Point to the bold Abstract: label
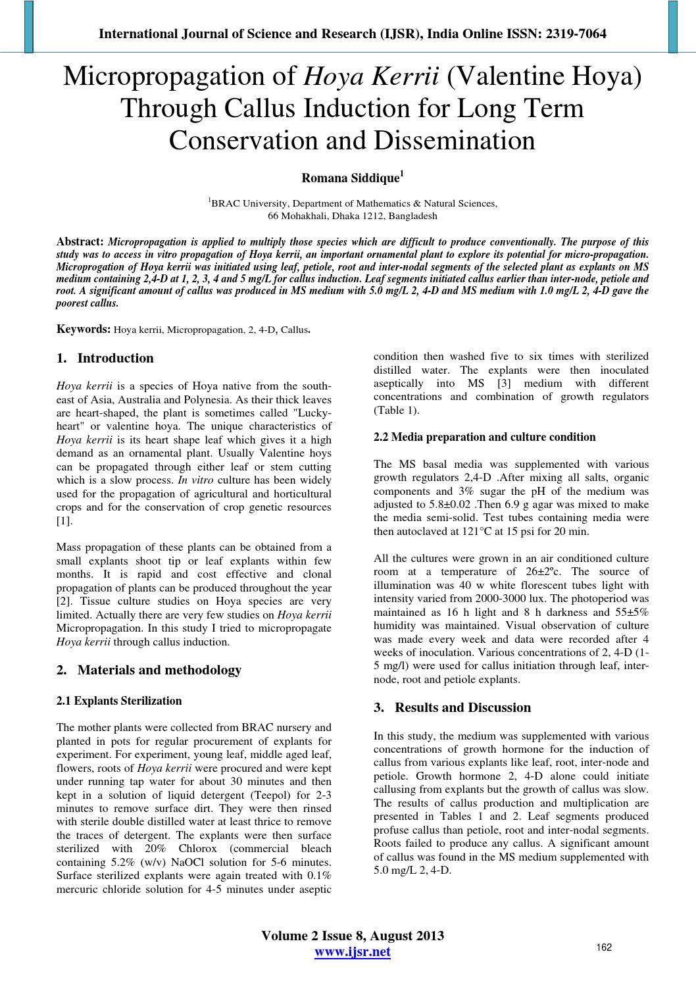(x=80, y=241)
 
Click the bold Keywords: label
(x=84, y=329)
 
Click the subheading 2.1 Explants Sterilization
(x=119, y=701)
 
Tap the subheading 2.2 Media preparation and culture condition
(x=484, y=437)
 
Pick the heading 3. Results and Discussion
(x=452, y=708)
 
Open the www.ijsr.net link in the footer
(x=353, y=952)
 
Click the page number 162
(x=604, y=947)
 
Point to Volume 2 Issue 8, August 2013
(x=353, y=936)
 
